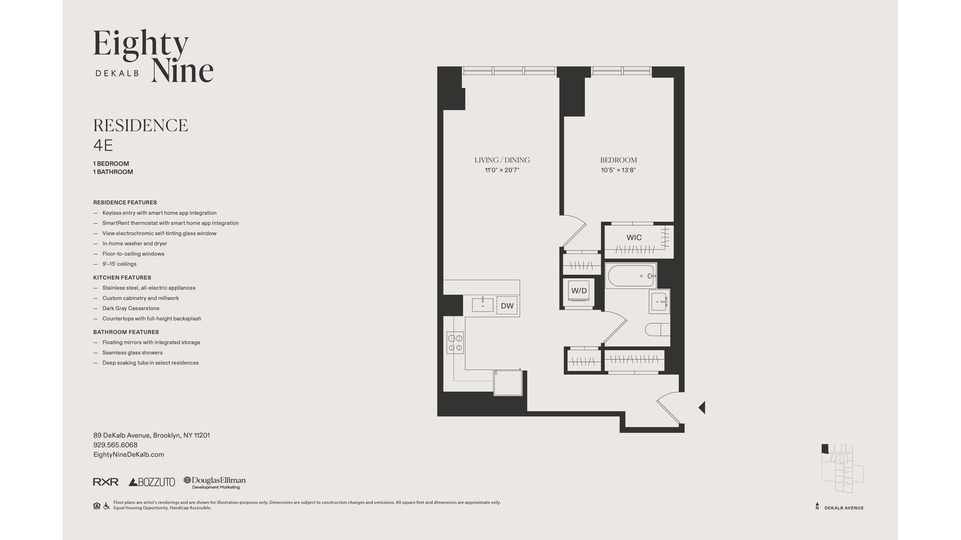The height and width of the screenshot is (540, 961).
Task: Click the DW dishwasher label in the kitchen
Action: click(507, 306)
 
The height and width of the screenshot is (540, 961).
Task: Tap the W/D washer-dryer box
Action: click(579, 291)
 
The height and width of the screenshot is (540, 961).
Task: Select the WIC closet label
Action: click(634, 237)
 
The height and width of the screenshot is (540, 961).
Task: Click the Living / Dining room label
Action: click(502, 160)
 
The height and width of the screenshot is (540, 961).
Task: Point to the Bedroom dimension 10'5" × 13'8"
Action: click(618, 170)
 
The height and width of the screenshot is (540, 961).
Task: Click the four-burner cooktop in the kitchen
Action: click(455, 342)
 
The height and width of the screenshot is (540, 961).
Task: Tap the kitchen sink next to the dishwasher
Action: click(483, 305)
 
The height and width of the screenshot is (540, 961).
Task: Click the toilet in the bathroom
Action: click(657, 329)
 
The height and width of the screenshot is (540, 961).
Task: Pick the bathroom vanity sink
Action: click(659, 301)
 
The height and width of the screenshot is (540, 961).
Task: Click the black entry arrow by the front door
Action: click(702, 407)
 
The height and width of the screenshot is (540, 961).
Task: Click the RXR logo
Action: click(106, 482)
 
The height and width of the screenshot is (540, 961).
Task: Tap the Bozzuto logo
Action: click(152, 482)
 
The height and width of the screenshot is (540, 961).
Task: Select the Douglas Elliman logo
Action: click(215, 482)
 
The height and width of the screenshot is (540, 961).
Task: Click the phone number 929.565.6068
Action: click(115, 445)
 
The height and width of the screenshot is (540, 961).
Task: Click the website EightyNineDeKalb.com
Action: click(129, 454)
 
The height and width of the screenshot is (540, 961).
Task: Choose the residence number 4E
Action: click(103, 145)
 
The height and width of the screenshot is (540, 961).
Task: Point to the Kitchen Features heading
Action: click(122, 277)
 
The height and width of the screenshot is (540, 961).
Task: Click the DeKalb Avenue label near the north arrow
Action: click(844, 508)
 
